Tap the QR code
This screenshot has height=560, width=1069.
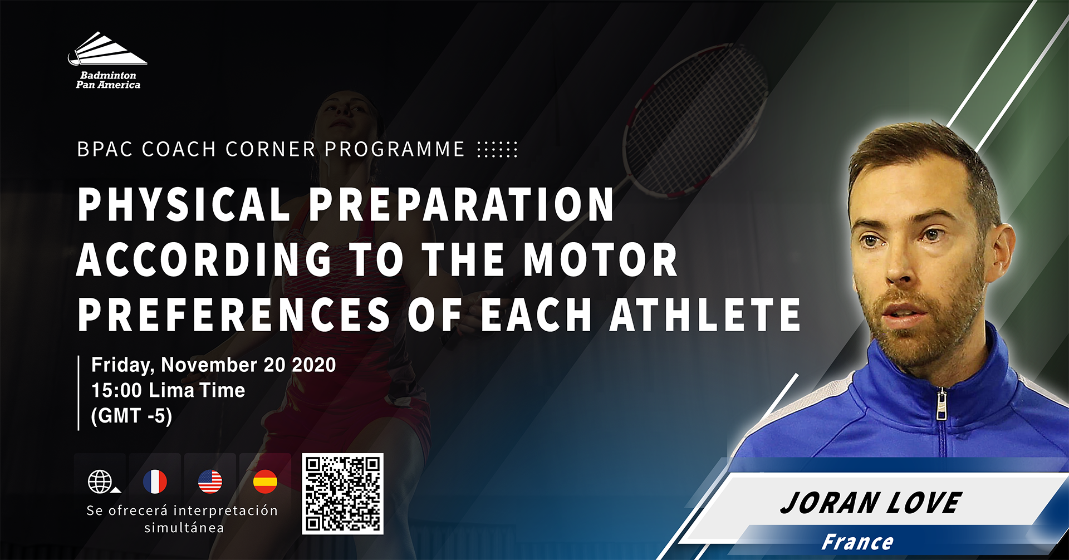[342, 494]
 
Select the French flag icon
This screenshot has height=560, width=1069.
[155, 482]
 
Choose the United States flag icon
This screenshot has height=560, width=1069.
[210, 482]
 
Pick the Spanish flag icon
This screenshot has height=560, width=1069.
[265, 482]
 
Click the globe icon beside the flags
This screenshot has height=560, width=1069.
[101, 482]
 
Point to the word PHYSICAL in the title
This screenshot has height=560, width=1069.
[184, 204]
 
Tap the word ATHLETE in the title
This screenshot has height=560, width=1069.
[705, 315]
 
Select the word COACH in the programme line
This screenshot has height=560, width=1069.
[179, 149]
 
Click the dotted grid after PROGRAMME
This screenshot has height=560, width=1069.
[497, 149]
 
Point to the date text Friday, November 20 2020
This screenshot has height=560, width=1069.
[214, 365]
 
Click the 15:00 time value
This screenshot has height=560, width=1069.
[116, 390]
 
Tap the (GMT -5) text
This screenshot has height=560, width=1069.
[131, 416]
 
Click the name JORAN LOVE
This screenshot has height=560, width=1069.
[871, 503]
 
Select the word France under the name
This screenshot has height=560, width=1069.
[857, 542]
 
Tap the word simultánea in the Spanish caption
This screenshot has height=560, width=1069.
[184, 528]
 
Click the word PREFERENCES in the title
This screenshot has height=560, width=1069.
[234, 315]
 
